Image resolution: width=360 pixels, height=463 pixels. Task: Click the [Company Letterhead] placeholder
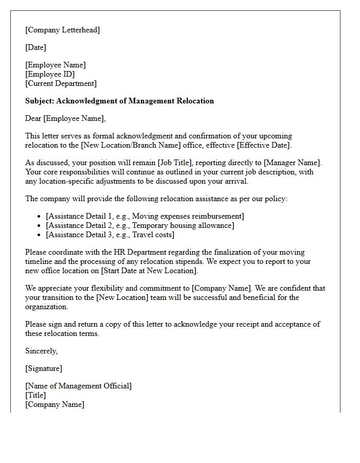[x=63, y=30]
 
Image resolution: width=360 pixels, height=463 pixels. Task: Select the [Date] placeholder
[x=36, y=47]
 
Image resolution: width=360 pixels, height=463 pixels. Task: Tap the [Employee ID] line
[x=50, y=74]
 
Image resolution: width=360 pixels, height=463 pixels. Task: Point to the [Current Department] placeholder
[x=61, y=83]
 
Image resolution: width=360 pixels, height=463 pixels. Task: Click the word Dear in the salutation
[x=33, y=118]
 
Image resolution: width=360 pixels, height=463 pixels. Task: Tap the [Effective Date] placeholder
[x=263, y=145]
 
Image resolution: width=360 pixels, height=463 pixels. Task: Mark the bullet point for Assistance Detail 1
[x=40, y=217]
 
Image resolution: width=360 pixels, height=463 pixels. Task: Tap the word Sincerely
[x=42, y=351]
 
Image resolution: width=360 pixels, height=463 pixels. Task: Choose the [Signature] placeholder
[x=44, y=368]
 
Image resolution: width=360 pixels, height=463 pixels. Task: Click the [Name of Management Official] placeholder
[x=78, y=386]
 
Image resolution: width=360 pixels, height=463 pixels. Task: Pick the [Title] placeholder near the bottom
[x=35, y=395]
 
